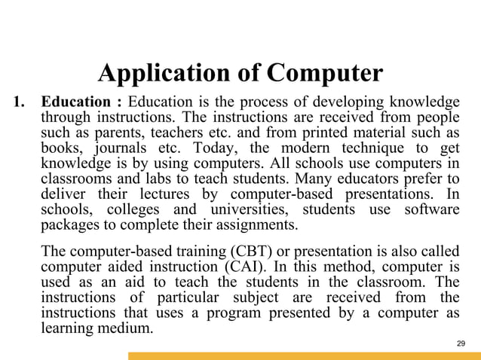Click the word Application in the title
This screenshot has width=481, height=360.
tap(161, 74)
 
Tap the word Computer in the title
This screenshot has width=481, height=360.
tap(326, 74)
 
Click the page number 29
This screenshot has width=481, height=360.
tap(462, 343)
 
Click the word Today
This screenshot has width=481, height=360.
tap(214, 147)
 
